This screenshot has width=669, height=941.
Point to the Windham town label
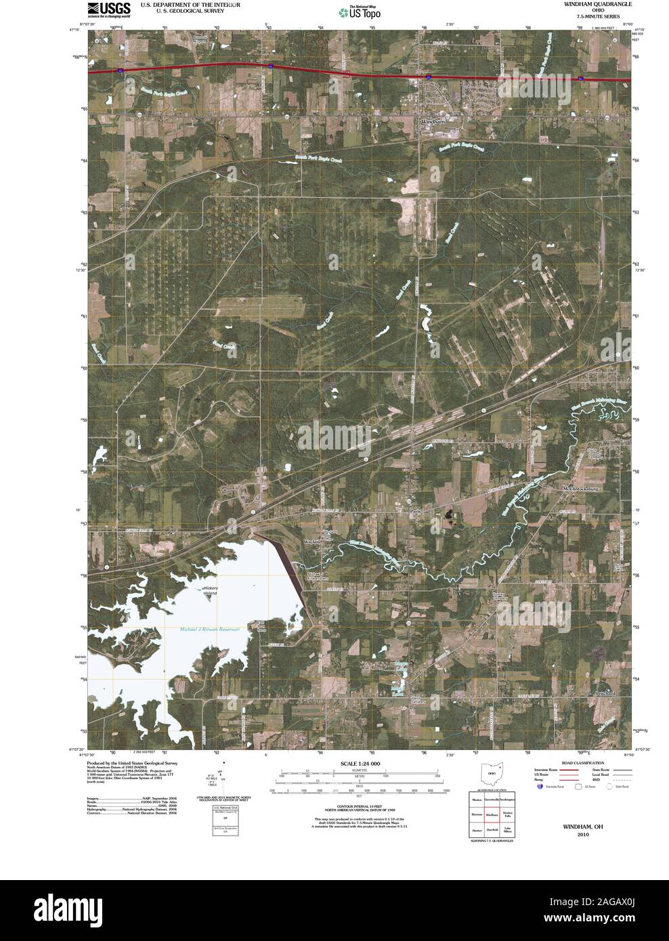tap(433, 121)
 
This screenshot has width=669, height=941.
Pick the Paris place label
tap(416, 512)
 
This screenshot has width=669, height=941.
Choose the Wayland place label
tap(312, 542)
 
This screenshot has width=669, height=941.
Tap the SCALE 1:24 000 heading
tap(355, 764)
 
